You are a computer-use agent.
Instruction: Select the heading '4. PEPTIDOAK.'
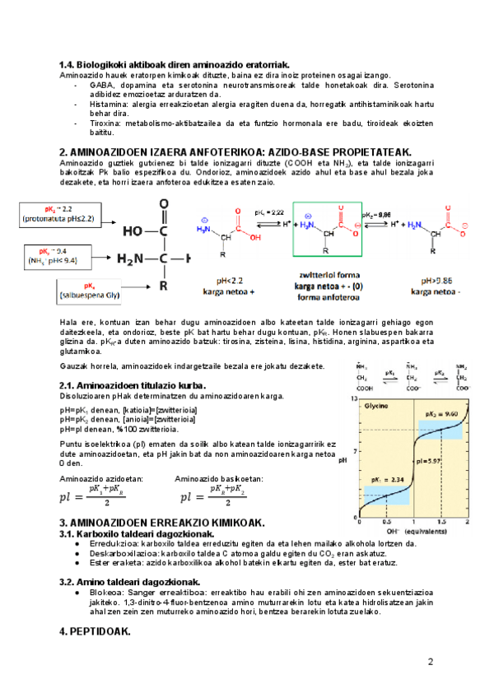(95, 631)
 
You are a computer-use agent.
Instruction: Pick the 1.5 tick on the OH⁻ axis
(442, 522)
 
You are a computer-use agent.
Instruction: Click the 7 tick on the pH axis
(355, 451)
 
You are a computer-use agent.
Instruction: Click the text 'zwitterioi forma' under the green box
(327, 277)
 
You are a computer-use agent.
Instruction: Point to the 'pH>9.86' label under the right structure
(436, 280)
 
